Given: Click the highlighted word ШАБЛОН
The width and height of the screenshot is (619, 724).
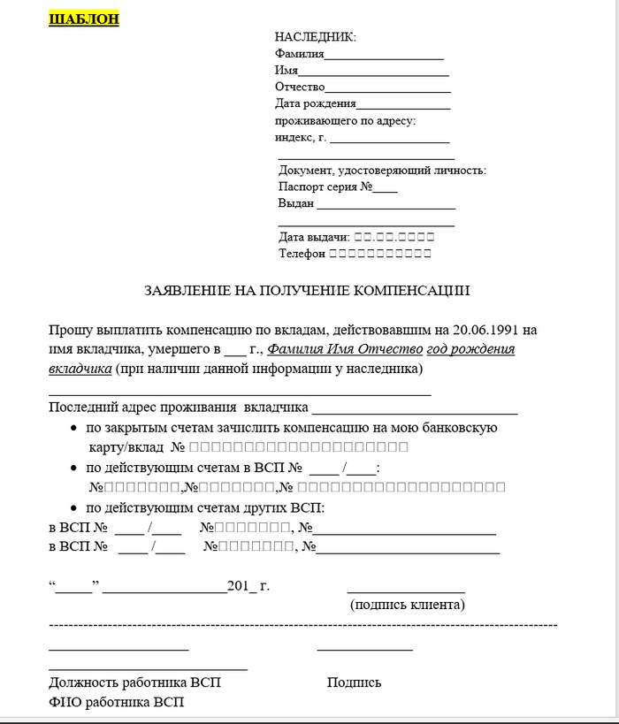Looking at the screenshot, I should (x=83, y=19).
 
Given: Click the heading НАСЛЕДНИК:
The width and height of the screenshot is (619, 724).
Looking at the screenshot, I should (x=316, y=37).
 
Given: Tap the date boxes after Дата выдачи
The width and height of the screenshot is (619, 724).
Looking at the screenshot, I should (x=394, y=237).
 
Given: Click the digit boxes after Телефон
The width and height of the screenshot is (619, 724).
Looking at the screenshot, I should (x=380, y=254).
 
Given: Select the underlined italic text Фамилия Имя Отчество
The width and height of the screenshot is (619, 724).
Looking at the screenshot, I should (x=346, y=348).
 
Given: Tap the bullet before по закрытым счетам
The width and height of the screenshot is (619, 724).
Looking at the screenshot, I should (x=73, y=428).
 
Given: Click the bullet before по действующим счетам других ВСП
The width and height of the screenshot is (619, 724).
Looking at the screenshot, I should (x=73, y=508).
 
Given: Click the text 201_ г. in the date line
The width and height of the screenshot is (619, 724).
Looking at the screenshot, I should (x=248, y=585).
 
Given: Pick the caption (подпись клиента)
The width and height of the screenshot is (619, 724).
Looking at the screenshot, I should (x=408, y=605).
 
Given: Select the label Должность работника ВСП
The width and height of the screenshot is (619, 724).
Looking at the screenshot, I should (x=135, y=682).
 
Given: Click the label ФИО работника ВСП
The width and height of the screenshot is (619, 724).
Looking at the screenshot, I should (x=117, y=702).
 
